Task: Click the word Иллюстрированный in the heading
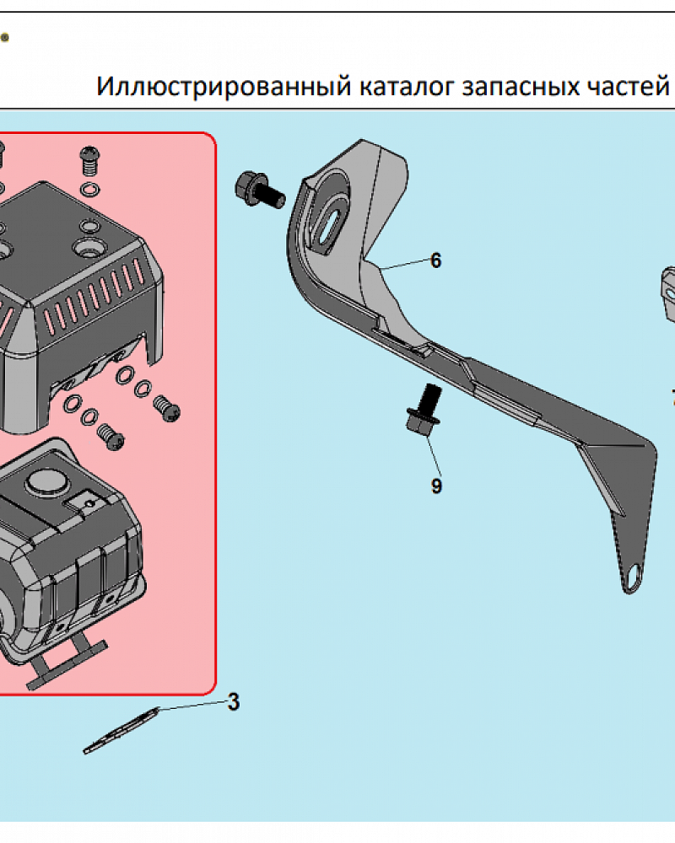click(x=224, y=86)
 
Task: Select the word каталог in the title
click(x=408, y=86)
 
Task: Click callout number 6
click(x=435, y=260)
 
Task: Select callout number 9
click(x=436, y=486)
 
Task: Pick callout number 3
click(x=233, y=701)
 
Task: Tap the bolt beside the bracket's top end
click(x=259, y=190)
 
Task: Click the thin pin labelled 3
click(x=121, y=731)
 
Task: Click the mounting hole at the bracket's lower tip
click(x=633, y=577)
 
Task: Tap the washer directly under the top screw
click(x=90, y=189)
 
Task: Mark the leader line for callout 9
click(x=433, y=454)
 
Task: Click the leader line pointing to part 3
click(x=191, y=706)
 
